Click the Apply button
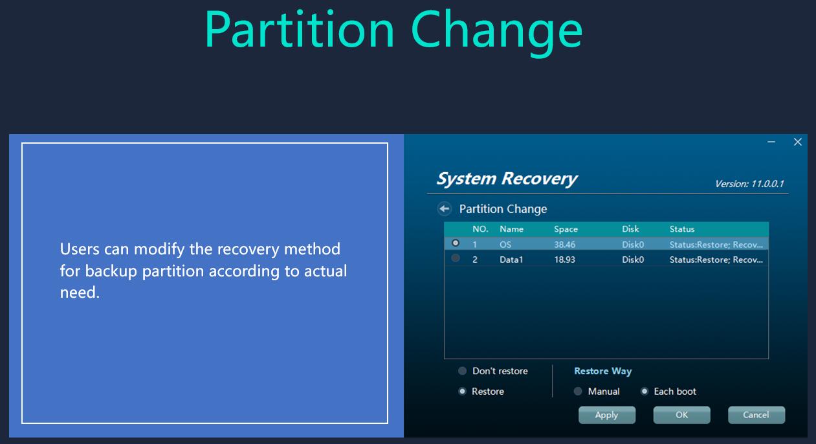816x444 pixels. coord(607,415)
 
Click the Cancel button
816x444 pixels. coord(756,415)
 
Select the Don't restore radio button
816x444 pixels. coord(462,371)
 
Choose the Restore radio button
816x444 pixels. coord(462,391)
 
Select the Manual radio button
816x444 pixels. coord(578,391)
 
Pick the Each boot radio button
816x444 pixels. coord(645,391)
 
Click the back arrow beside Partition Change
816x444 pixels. coord(445,208)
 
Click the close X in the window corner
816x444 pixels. coord(798,142)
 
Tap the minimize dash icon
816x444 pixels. coord(771,142)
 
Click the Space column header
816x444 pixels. coord(566,229)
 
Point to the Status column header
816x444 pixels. coord(682,229)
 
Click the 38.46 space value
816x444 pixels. coord(565,245)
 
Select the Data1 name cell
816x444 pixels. coord(511,260)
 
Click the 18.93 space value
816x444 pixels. coord(565,260)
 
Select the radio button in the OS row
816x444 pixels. coord(456,243)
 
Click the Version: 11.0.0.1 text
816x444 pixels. coord(749,184)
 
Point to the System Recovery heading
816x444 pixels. coord(507,179)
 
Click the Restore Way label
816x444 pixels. coord(603,371)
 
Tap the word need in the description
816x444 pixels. coord(79,293)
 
